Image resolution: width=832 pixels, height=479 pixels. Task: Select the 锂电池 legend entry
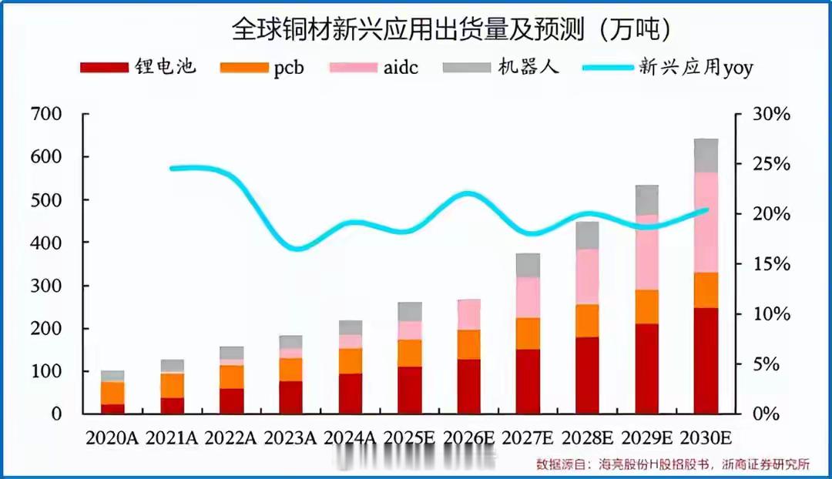139,67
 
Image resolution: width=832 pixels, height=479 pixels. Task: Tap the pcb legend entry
263,67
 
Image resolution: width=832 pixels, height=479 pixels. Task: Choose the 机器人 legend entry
501,67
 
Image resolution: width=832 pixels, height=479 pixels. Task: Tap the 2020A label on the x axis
112,438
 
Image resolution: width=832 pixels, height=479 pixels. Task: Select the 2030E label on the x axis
706,438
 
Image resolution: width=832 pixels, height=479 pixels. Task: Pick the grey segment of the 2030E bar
706,156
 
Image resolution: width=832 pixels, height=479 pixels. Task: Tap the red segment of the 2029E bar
646,368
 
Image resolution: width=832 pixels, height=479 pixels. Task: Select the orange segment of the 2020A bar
112,393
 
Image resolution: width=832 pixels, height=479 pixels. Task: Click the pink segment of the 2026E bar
468,314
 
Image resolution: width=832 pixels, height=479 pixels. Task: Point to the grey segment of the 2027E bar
528,265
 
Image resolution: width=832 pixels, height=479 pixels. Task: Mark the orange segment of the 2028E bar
587,320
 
